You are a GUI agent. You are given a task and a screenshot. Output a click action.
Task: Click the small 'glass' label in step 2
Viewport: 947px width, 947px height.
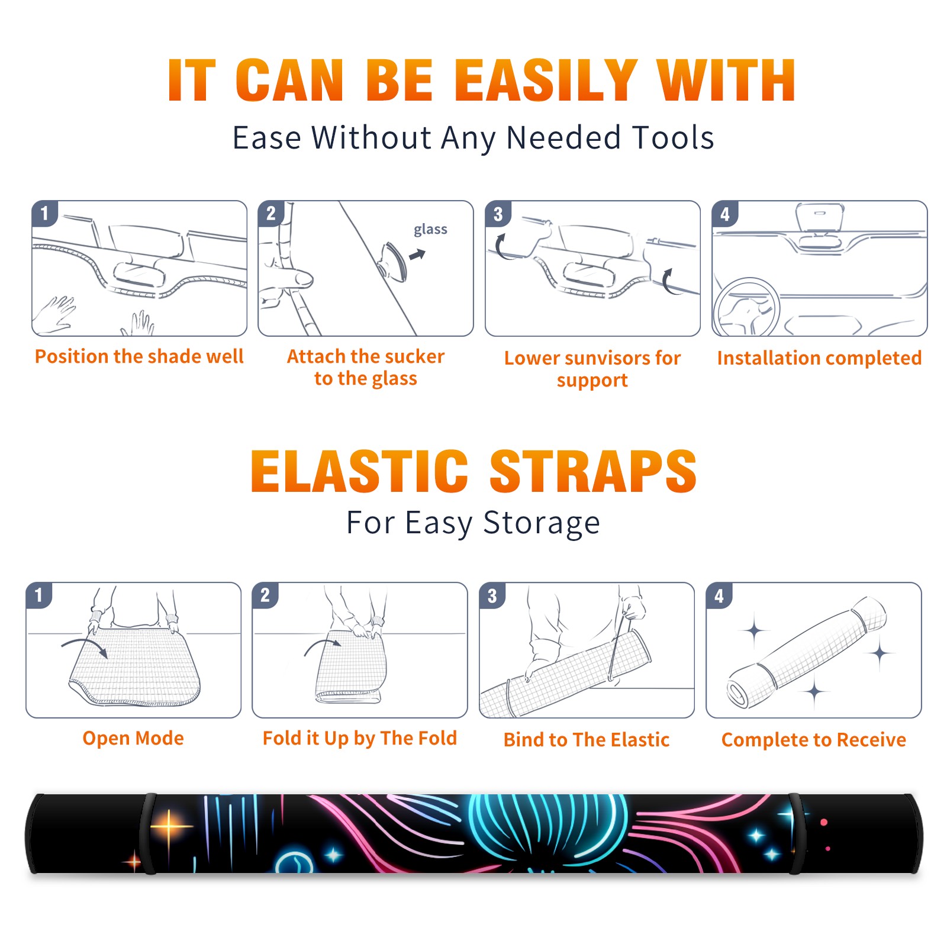430,230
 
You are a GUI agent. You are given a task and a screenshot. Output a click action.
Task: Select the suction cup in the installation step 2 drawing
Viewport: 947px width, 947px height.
392,260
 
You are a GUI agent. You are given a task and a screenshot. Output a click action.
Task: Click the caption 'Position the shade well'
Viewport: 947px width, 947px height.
139,356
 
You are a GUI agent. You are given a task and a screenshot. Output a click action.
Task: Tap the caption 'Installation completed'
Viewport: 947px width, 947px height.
819,358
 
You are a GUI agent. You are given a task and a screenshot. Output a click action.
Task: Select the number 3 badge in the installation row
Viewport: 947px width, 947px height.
498,214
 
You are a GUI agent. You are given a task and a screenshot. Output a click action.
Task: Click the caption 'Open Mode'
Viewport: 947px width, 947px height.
133,738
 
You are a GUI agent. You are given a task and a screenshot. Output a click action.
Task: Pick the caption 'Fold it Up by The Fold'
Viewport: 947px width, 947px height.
360,738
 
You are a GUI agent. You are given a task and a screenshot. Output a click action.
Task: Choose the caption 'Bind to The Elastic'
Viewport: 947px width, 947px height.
587,740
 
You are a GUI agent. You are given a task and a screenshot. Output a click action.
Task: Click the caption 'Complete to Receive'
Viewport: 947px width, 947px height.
814,740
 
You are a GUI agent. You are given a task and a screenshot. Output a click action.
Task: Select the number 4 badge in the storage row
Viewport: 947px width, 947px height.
719,595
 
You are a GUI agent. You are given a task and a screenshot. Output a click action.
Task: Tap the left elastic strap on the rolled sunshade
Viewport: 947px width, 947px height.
147,833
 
